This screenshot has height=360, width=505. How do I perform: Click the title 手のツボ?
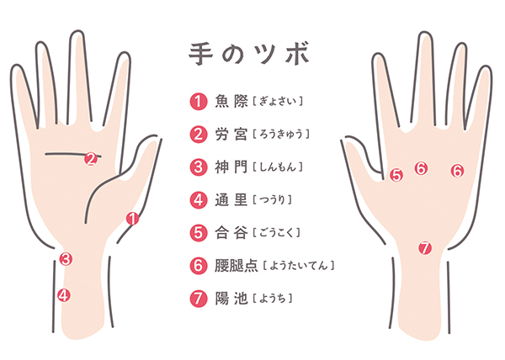pos(249,54)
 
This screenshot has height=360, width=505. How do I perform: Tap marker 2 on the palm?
pos(91,159)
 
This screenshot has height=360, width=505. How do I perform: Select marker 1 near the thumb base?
pos(132,219)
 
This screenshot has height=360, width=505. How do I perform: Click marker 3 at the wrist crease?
pos(66,259)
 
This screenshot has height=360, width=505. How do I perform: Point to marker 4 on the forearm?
pos(64,295)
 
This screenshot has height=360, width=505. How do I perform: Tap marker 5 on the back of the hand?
pos(396,175)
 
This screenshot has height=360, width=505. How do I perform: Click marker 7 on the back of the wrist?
pos(425,248)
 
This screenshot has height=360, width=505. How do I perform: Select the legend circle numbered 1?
pos(198,101)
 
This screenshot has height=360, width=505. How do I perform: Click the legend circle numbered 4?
pos(198,200)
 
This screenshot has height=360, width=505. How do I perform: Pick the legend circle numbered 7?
pos(198,299)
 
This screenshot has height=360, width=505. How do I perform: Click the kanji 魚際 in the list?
pos(231,101)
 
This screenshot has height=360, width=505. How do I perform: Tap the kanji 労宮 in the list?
pos(231,134)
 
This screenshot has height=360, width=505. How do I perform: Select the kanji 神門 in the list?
pos(231,167)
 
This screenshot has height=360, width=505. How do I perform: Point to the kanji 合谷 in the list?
pos(231,233)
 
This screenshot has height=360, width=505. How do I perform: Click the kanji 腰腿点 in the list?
pos(237,266)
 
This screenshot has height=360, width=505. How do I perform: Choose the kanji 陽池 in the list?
pos(231,299)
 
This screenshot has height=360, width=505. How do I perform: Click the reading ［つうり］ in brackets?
pos(272,200)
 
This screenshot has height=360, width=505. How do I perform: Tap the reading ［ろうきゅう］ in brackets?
pos(281,134)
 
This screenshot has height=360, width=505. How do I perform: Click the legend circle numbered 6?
pos(198,266)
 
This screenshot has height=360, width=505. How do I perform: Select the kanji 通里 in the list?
pos(231,200)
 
